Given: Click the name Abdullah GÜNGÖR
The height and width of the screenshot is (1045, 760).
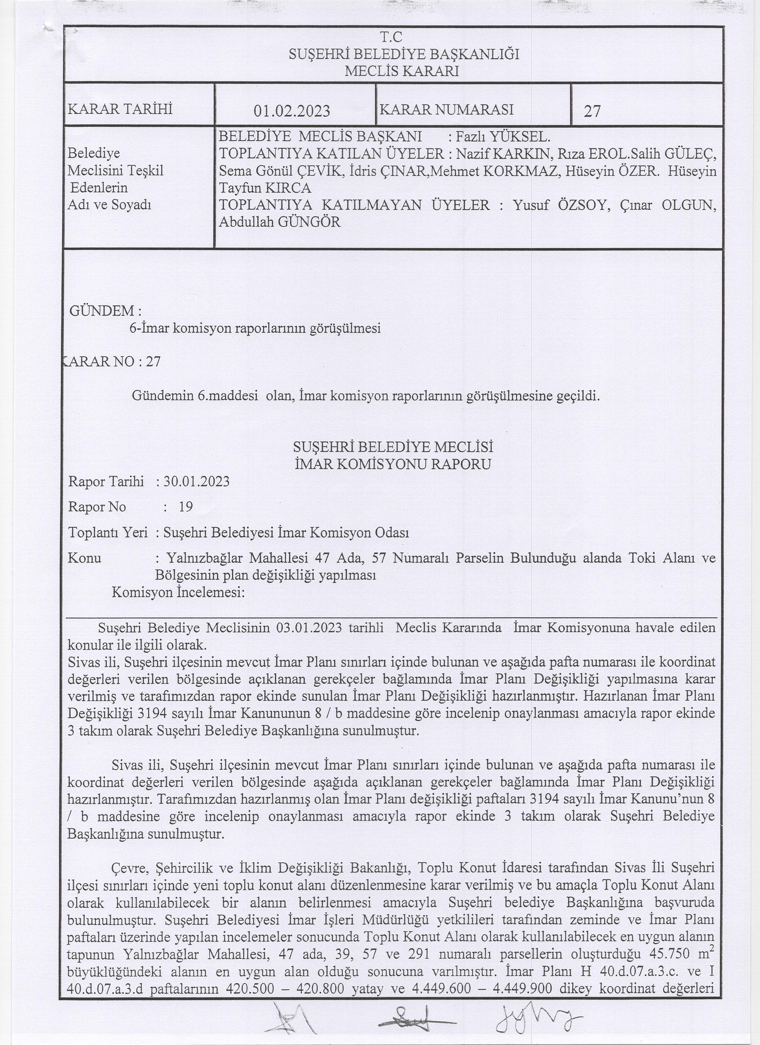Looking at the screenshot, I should [280, 222].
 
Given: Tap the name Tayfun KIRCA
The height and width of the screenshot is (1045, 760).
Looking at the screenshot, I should [265, 188].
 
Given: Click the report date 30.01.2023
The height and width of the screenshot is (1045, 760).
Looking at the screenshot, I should [197, 481].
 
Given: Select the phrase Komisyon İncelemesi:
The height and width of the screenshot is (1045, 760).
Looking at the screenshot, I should [178, 592].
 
